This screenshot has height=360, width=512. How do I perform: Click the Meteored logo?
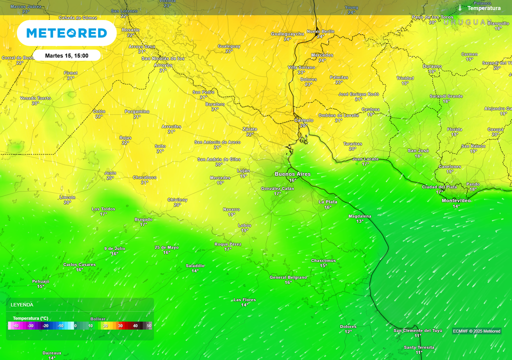click(x=66, y=33)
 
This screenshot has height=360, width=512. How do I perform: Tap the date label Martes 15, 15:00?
click(x=67, y=55)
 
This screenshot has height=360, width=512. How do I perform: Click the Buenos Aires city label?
click(x=292, y=174)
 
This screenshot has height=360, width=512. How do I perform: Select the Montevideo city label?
click(x=456, y=200)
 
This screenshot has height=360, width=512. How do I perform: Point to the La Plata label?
click(x=328, y=202)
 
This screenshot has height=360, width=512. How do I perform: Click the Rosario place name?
click(x=130, y=30)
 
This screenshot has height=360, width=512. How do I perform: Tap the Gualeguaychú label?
click(x=287, y=33)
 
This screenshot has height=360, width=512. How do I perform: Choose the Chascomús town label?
click(x=323, y=260)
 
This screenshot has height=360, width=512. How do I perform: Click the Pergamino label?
click(x=137, y=111)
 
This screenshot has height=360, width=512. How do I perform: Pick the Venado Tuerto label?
click(x=35, y=98)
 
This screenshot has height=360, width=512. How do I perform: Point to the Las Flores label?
click(x=244, y=300)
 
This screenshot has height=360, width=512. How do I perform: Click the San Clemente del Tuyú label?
click(x=418, y=330)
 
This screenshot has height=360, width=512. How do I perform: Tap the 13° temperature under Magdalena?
click(x=360, y=221)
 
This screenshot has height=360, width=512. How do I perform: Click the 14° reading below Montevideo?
click(x=456, y=206)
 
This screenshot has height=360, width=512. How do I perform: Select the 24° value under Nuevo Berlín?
click(x=320, y=36)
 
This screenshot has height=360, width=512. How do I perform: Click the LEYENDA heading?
click(x=22, y=304)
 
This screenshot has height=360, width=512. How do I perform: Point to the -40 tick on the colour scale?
click(x=16, y=325)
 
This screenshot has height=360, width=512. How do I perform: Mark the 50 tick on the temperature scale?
click(x=149, y=325)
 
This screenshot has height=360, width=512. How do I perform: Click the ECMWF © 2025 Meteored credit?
click(x=476, y=331)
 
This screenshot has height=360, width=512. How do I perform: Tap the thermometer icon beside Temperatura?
click(x=460, y=8)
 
